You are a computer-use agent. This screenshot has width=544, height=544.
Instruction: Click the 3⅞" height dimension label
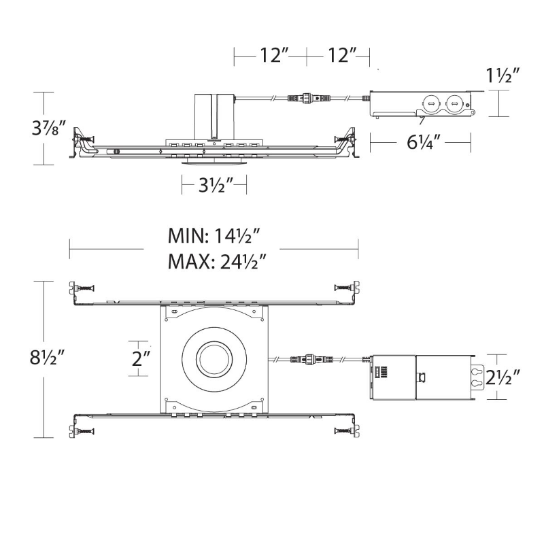click(48, 129)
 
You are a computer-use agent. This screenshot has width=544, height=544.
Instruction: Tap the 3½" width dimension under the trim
click(216, 185)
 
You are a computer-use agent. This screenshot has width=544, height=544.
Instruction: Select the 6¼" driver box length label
click(424, 142)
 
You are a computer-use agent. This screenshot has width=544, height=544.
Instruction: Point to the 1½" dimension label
click(503, 75)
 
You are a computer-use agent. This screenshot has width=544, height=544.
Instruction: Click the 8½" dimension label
click(47, 358)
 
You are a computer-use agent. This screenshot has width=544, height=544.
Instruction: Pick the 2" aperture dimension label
click(141, 358)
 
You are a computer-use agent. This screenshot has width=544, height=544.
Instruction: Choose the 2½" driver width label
click(503, 377)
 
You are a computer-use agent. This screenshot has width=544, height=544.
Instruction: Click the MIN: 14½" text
click(214, 236)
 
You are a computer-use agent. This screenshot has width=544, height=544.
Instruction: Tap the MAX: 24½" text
click(217, 262)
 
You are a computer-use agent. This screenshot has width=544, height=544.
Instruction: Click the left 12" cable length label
click(274, 55)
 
